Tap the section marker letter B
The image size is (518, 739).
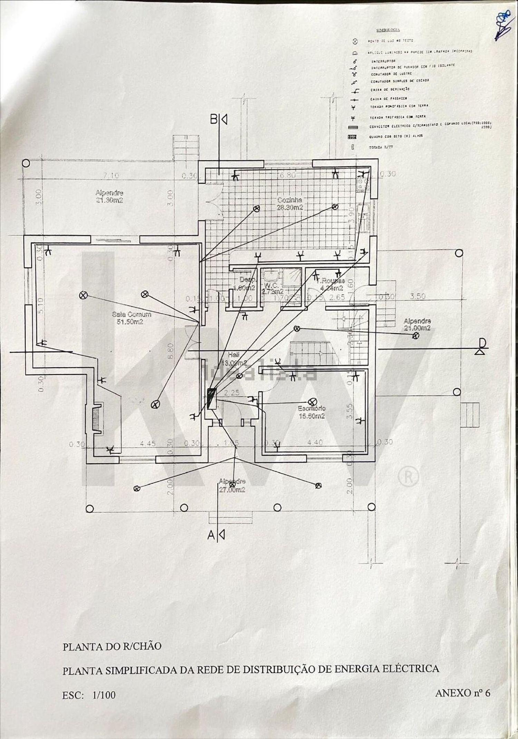[214, 120]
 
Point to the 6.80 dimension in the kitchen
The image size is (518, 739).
[287, 175]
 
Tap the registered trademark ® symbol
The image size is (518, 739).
[409, 477]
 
